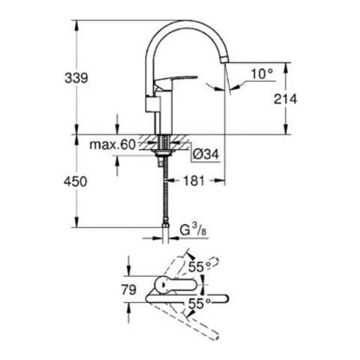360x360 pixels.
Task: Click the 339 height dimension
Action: point(76,78)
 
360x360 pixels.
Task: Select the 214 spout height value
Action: point(285,99)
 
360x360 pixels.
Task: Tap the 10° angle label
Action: point(262,74)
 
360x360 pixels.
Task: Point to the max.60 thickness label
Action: point(112,145)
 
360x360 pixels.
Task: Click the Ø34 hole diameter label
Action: point(205,154)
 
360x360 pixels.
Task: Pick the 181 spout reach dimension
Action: point(194,181)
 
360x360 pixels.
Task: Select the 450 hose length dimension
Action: point(75,181)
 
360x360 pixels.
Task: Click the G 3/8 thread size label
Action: point(193,230)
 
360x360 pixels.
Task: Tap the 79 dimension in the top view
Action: point(129,289)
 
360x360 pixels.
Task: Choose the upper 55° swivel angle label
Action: point(199,267)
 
